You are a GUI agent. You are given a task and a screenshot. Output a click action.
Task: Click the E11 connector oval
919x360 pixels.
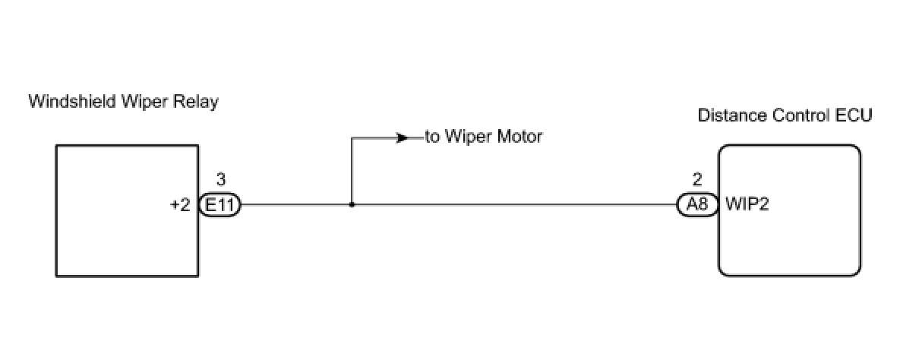tap(219, 204)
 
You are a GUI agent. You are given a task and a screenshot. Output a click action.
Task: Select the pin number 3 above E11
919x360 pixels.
tap(220, 180)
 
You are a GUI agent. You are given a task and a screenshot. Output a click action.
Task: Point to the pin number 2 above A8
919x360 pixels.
tap(697, 180)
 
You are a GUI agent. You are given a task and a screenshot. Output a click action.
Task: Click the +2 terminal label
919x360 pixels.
tap(180, 205)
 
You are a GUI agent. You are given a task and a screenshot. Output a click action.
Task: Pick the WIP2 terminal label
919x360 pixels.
tap(748, 205)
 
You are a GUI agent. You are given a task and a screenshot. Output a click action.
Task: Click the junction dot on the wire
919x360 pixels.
tap(351, 204)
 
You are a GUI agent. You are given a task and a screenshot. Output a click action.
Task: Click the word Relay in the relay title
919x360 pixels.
tap(199, 102)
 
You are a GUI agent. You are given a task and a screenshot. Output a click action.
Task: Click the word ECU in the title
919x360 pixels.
tap(854, 116)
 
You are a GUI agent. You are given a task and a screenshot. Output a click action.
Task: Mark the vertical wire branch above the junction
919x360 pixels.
tap(351, 171)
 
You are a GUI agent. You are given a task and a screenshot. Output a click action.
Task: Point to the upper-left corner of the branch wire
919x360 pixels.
tap(351, 138)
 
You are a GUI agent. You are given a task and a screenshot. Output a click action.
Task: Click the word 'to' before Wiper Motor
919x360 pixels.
tap(433, 137)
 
